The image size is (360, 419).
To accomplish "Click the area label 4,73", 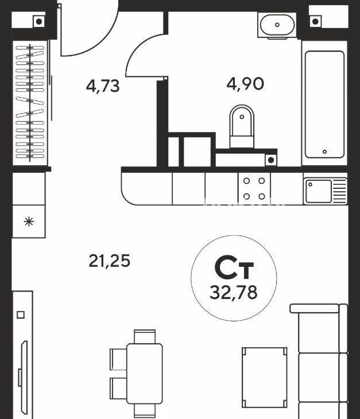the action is coord(103,86).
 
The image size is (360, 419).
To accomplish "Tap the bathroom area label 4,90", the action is coord(245,84).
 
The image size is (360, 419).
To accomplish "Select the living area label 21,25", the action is coord(109,261).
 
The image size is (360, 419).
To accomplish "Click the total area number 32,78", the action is coord(234,292).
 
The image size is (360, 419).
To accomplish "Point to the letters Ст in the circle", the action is coord(234,267).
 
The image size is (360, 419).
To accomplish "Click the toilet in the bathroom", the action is coord(242,126).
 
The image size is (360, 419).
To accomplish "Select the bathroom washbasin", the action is coord(277,25).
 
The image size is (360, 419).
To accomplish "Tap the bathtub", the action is coord(324,104).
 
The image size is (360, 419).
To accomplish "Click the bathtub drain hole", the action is coord(324,152).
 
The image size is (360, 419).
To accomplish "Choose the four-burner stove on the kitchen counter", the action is coord(254,189).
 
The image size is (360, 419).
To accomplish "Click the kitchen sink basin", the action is coord(319,191).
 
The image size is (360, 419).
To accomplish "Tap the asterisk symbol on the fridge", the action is coord(29,222).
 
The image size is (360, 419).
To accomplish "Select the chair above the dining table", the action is coord(145,337).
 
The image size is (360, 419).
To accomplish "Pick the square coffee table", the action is coord(265,377).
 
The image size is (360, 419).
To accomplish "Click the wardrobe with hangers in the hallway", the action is coord(30,103).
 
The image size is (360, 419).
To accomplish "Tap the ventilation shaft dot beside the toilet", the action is coord(271,160).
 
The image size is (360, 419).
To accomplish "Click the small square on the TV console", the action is coord(21,315).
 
